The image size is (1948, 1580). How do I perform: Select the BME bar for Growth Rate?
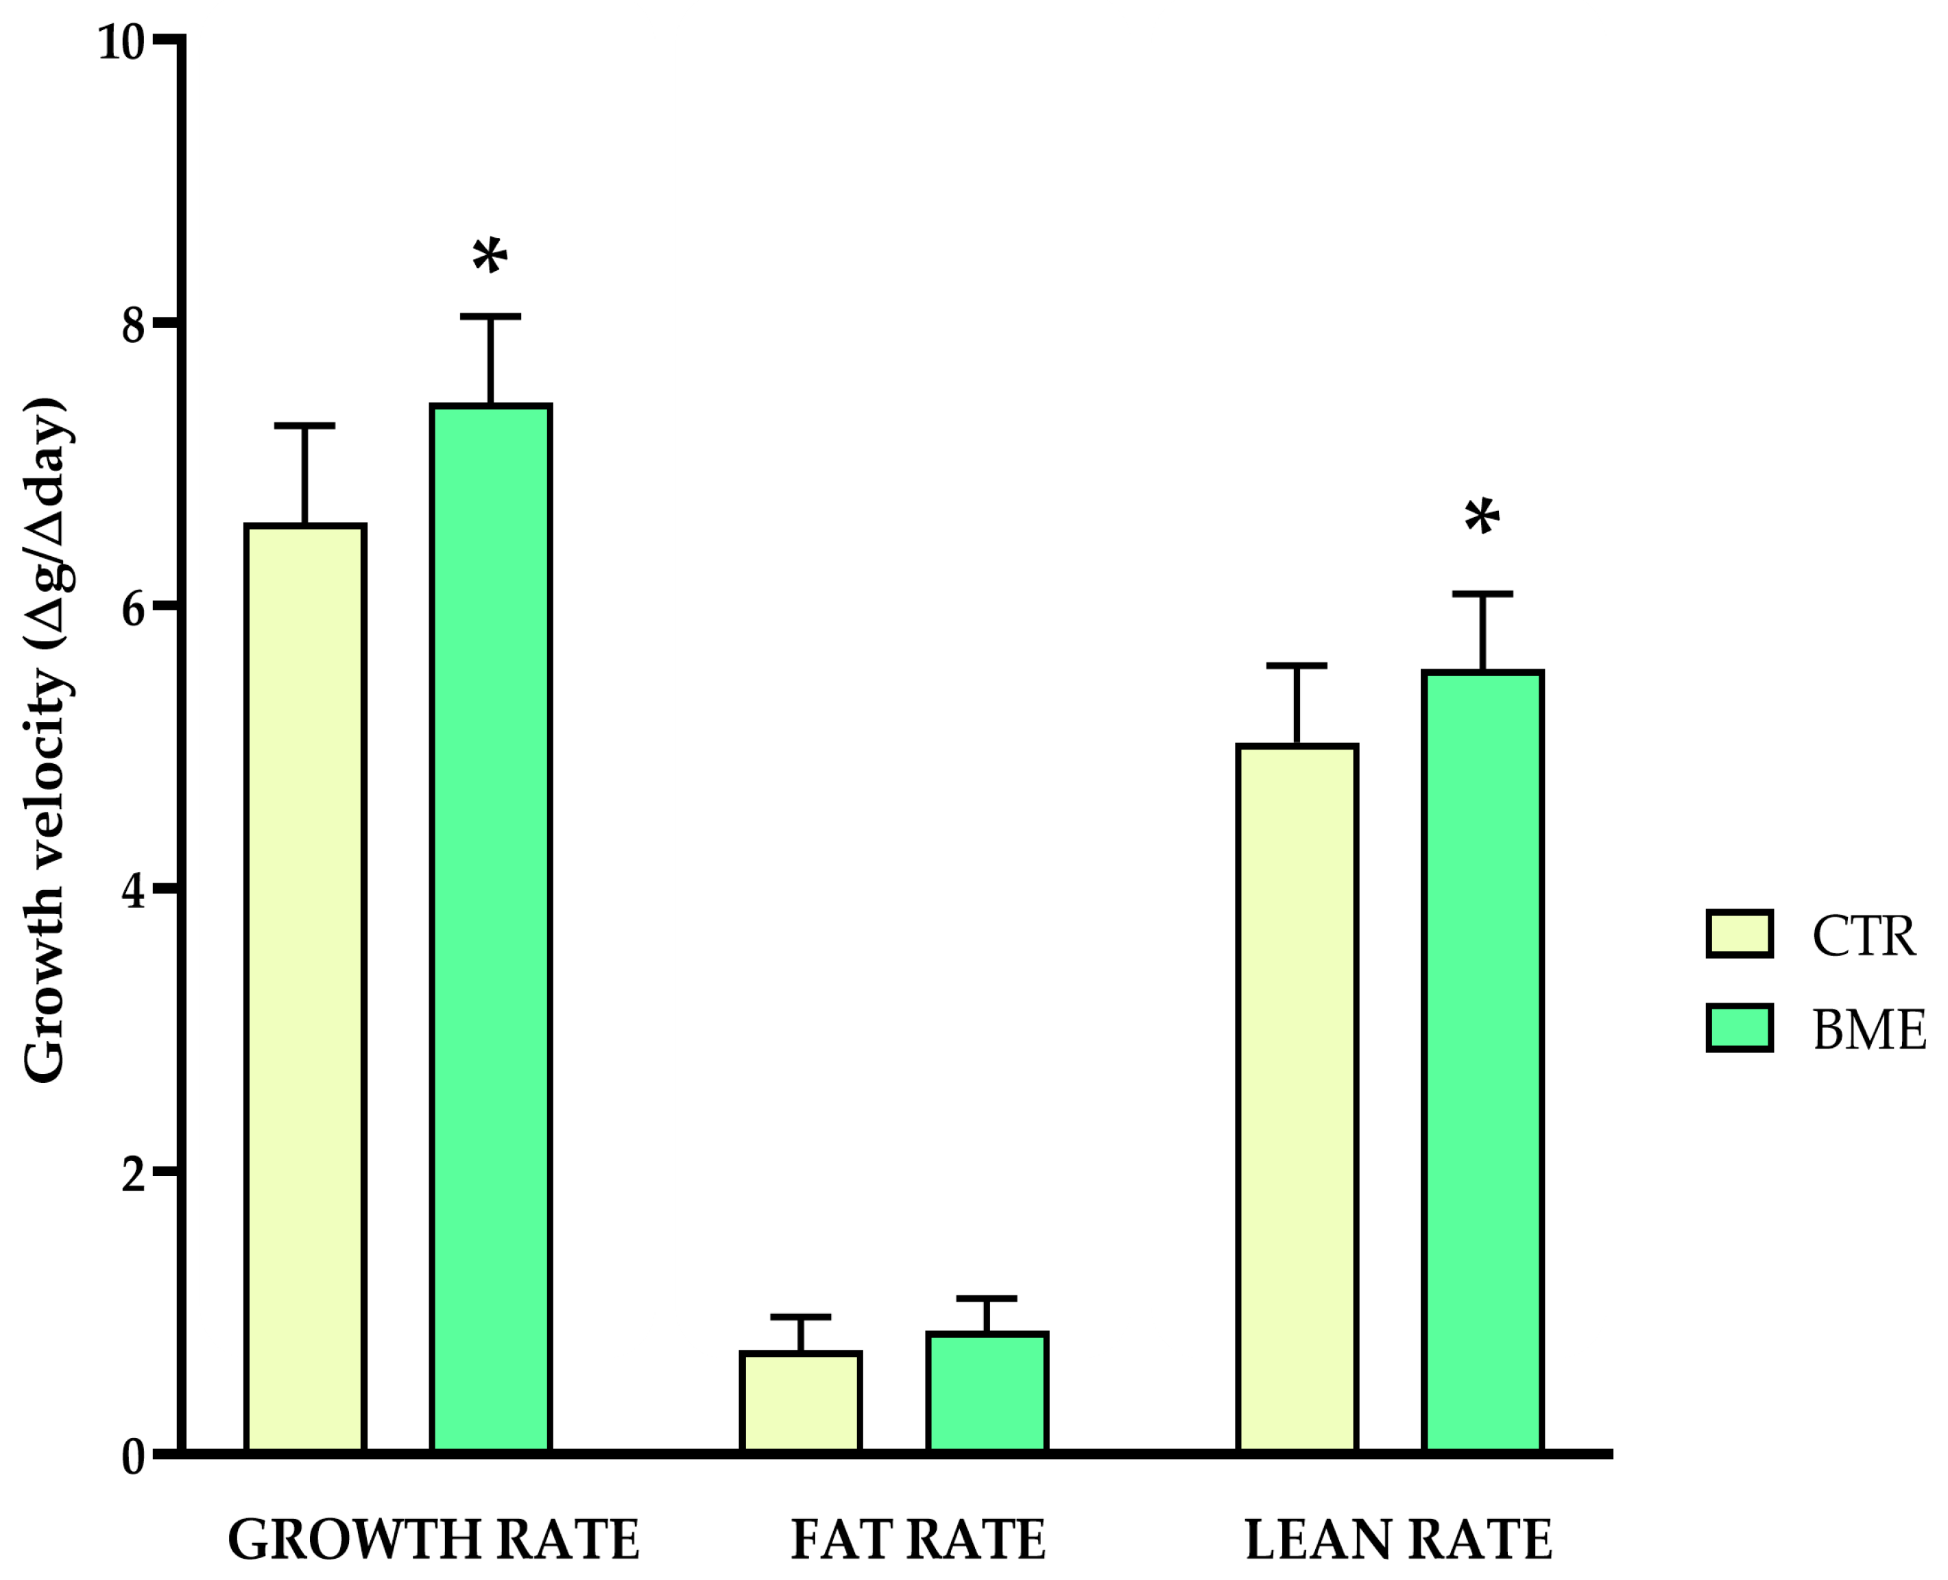coord(490,929)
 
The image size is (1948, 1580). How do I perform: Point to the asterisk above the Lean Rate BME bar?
coord(1482,518)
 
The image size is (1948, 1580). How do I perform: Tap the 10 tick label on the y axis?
coord(121,42)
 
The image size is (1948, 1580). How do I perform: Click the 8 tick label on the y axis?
coord(133,325)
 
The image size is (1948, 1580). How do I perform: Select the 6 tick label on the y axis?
coord(133,608)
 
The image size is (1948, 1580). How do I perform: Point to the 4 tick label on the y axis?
coord(133,891)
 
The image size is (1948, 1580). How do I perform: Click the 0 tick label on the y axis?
coord(133,1457)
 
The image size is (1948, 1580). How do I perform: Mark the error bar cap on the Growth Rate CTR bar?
coord(305,425)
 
